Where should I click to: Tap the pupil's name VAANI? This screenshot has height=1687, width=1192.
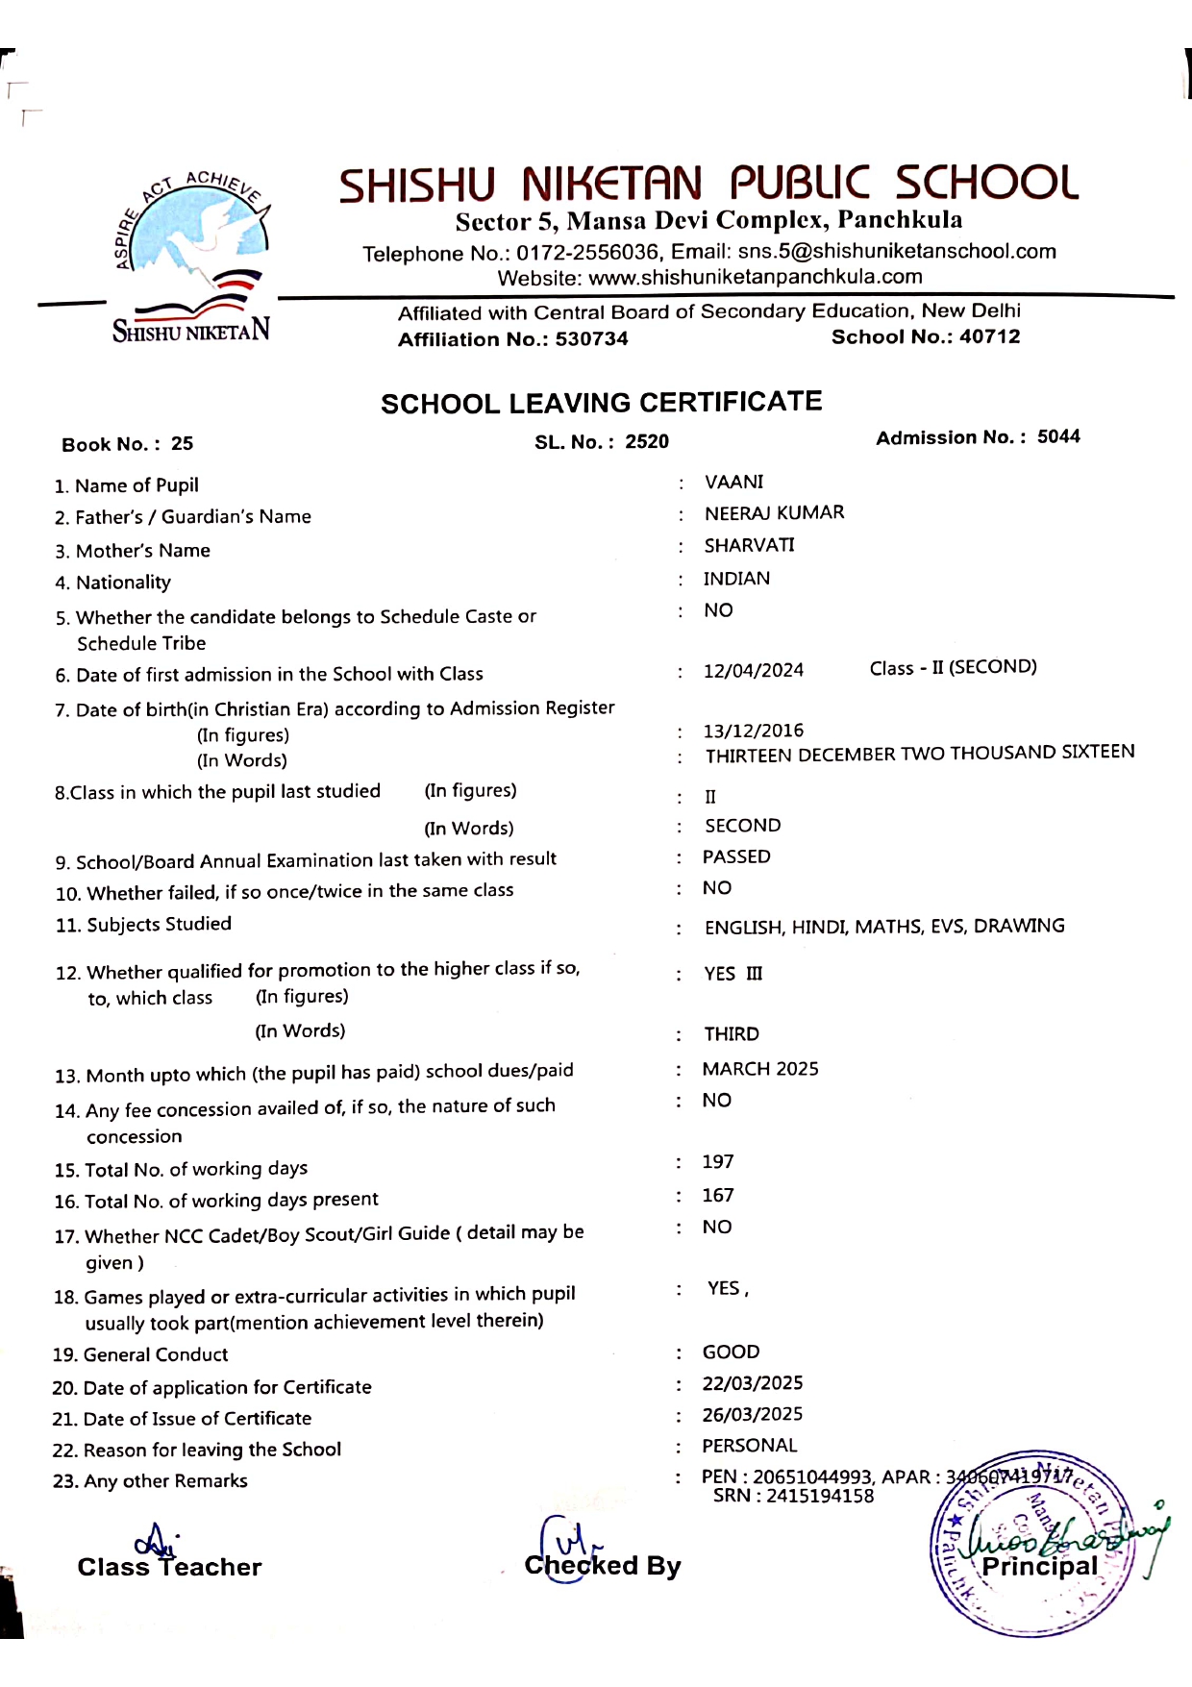click(x=733, y=482)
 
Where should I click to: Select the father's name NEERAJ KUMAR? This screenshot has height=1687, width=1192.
click(x=774, y=513)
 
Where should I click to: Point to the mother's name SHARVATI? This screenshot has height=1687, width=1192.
click(x=749, y=545)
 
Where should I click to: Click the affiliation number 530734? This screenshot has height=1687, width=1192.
click(x=591, y=339)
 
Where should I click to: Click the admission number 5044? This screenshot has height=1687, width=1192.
click(x=1058, y=436)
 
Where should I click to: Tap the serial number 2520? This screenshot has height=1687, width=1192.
click(x=647, y=441)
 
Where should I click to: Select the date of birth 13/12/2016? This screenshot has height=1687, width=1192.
click(x=753, y=731)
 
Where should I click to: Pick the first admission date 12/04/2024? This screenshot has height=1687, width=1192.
click(x=753, y=670)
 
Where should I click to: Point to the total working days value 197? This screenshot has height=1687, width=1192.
click(x=717, y=1161)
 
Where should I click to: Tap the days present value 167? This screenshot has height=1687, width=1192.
click(x=717, y=1195)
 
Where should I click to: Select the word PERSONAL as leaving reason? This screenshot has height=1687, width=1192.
click(x=749, y=1446)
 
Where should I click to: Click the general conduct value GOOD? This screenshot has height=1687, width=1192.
click(x=731, y=1352)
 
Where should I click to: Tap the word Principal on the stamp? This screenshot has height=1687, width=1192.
click(x=1039, y=1566)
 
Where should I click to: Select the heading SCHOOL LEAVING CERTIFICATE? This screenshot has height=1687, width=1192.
click(x=601, y=402)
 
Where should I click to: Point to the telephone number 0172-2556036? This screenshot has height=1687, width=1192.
click(x=586, y=253)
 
